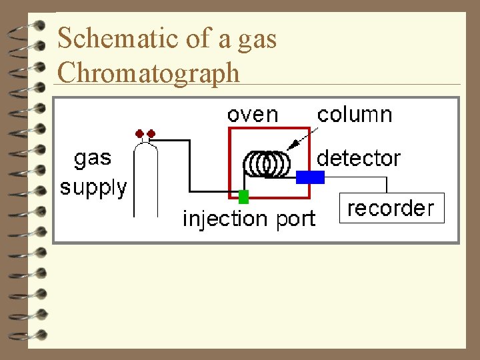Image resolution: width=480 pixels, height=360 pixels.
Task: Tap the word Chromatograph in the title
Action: pos(148,72)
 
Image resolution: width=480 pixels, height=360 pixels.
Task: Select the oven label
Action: pos(253,114)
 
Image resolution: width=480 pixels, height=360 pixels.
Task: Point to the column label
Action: pos(354,114)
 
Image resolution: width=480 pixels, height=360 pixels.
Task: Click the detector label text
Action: pos(359,158)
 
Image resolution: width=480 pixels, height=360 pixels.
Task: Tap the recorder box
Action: pos(391,208)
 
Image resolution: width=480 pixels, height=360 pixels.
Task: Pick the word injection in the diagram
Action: pos(224,218)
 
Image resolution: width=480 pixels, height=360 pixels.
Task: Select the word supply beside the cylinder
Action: pos(93,187)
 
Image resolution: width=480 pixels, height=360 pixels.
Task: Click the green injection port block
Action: pos(243,196)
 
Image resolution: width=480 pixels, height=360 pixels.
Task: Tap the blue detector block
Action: pos(310,177)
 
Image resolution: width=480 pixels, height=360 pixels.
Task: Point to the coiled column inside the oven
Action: pos(267,163)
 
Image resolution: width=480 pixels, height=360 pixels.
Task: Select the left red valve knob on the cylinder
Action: pos(140,133)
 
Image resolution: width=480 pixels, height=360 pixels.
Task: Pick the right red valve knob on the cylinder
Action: pos(151,133)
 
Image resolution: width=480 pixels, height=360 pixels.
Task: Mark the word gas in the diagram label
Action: pos(93,159)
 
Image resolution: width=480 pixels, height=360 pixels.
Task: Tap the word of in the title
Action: pos(198,39)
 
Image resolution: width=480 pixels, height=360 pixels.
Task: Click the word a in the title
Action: pos(224,40)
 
